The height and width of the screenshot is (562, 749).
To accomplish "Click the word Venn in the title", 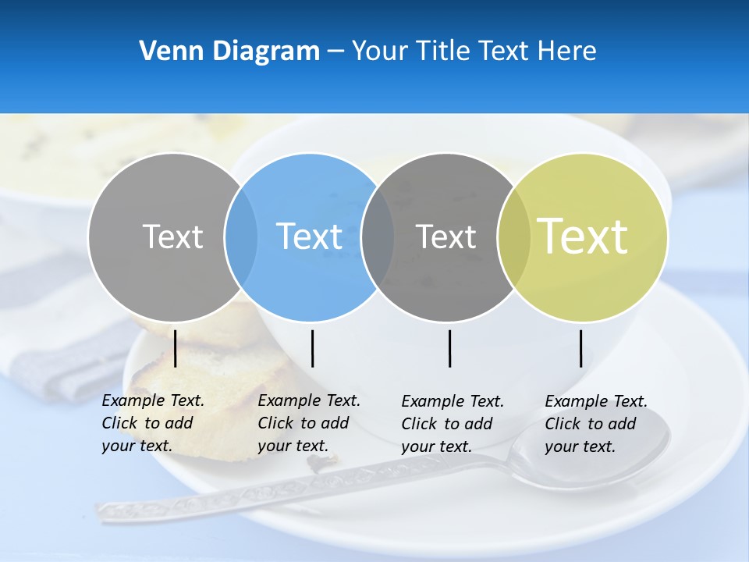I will [x=166, y=52].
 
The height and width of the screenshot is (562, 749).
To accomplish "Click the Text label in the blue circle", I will [x=310, y=237].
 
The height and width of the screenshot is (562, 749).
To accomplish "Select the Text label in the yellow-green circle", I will [x=583, y=237].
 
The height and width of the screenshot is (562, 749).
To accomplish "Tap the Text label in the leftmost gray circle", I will [x=172, y=237].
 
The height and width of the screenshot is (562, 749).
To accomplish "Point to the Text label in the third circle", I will [x=446, y=237].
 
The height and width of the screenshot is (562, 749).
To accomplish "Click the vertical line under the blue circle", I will [x=312, y=348].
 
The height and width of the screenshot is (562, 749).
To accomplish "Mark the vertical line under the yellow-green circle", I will [x=580, y=348].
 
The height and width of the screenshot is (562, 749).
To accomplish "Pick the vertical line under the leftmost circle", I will [x=175, y=348].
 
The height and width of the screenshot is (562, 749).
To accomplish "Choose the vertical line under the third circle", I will [x=449, y=348].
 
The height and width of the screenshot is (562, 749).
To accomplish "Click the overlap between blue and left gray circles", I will [x=241, y=237].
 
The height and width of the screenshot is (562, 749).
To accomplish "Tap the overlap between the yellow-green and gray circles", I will [x=514, y=237].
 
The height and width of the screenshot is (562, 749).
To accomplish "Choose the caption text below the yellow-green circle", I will [x=596, y=424].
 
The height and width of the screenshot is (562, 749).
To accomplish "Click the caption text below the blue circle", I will [x=309, y=423].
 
